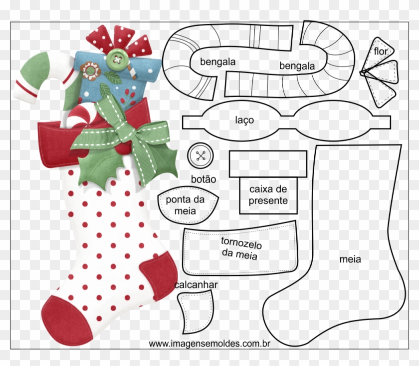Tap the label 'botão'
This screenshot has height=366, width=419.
pyautogui.click(x=204, y=179)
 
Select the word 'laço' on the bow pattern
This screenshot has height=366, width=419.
pyautogui.click(x=244, y=120)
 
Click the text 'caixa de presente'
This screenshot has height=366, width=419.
pyautogui.click(x=268, y=195)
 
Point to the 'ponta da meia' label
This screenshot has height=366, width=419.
pyautogui.click(x=185, y=205)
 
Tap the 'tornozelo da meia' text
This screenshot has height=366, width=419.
pyautogui.click(x=241, y=248)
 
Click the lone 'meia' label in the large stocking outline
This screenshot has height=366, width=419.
pyautogui.click(x=350, y=259)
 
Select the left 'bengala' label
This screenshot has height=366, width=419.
pyautogui.click(x=217, y=62)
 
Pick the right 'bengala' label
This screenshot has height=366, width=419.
pyautogui.click(x=297, y=66)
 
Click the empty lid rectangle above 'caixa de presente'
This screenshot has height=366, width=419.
pyautogui.click(x=268, y=163)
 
